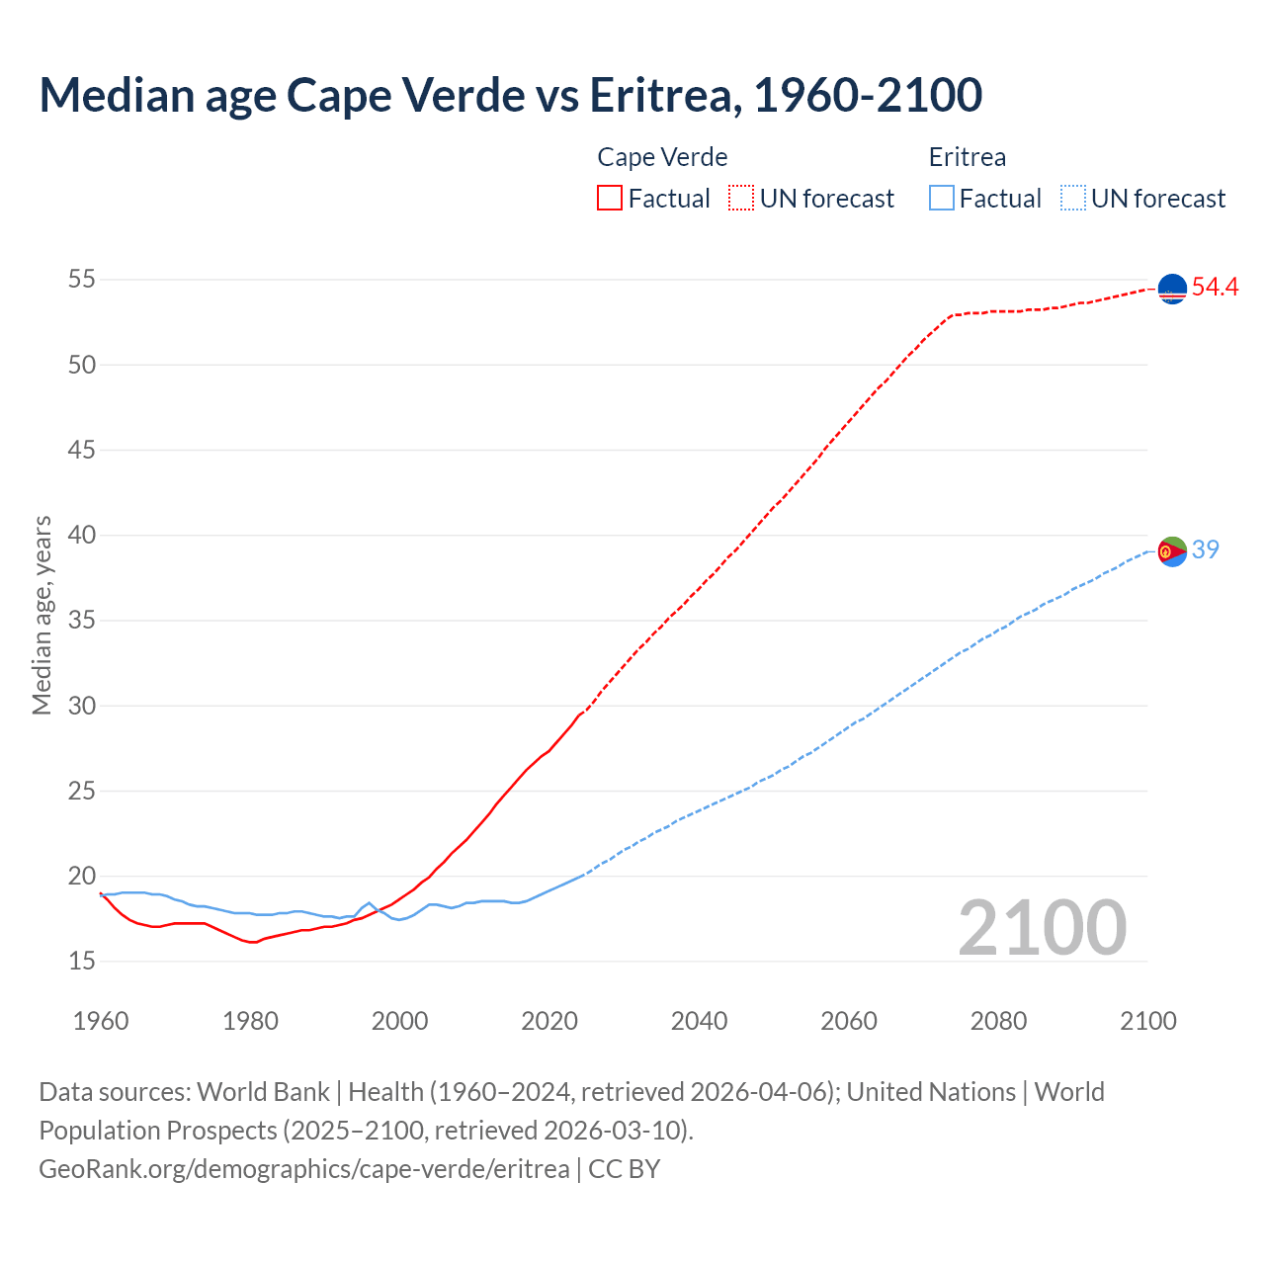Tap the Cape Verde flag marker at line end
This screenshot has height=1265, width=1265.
[x=1172, y=288]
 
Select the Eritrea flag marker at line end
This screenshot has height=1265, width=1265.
[x=1172, y=550]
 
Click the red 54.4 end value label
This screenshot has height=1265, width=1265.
[x=1215, y=288]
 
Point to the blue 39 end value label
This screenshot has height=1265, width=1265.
[x=1205, y=549]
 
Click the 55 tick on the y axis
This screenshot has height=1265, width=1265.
[x=82, y=280]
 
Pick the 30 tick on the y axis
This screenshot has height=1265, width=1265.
[x=82, y=706]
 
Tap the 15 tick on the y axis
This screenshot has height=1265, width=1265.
[x=82, y=961]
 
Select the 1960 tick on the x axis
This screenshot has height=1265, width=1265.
[x=101, y=1021]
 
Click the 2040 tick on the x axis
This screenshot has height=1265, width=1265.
[x=699, y=1021]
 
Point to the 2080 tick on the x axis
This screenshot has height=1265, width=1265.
[x=998, y=1021]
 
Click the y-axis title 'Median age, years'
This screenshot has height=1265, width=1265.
[x=42, y=615]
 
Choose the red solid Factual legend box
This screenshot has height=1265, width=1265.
[x=610, y=199]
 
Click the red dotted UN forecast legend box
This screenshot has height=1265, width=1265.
[x=741, y=199]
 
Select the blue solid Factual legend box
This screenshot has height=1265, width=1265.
[x=942, y=199]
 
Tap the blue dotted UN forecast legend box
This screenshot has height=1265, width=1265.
[x=1072, y=199]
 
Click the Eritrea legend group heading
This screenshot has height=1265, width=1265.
[x=968, y=157]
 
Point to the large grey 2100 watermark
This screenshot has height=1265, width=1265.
[x=1042, y=928]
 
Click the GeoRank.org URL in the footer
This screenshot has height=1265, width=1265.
[x=304, y=1168]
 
